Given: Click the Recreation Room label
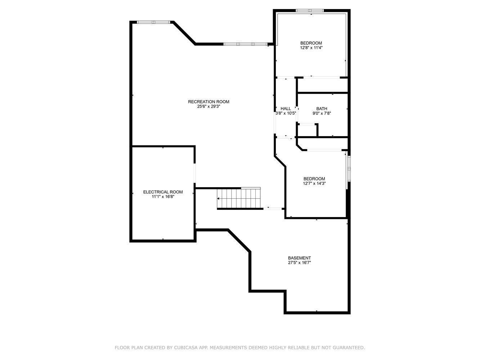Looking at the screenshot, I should (x=208, y=102).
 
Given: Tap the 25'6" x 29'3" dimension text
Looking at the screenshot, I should (x=208, y=107).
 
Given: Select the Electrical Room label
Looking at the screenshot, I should (x=163, y=192).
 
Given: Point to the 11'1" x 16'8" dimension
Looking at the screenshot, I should (x=163, y=197).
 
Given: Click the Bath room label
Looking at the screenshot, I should (x=322, y=109).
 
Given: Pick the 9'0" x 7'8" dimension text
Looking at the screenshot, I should (x=322, y=113).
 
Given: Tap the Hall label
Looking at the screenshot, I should (x=286, y=109).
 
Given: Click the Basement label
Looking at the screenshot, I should (x=299, y=258).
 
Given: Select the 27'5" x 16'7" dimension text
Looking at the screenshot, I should (x=299, y=263).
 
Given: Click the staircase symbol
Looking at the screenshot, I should (x=239, y=198).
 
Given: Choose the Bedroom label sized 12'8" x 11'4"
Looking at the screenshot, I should (x=311, y=43).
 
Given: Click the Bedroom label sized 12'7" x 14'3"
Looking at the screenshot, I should (x=314, y=179).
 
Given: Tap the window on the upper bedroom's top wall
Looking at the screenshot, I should (x=310, y=10).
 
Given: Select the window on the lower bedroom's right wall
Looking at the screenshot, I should (x=349, y=168).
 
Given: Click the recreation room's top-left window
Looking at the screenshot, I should (x=154, y=22).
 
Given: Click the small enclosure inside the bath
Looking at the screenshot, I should (x=307, y=130).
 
